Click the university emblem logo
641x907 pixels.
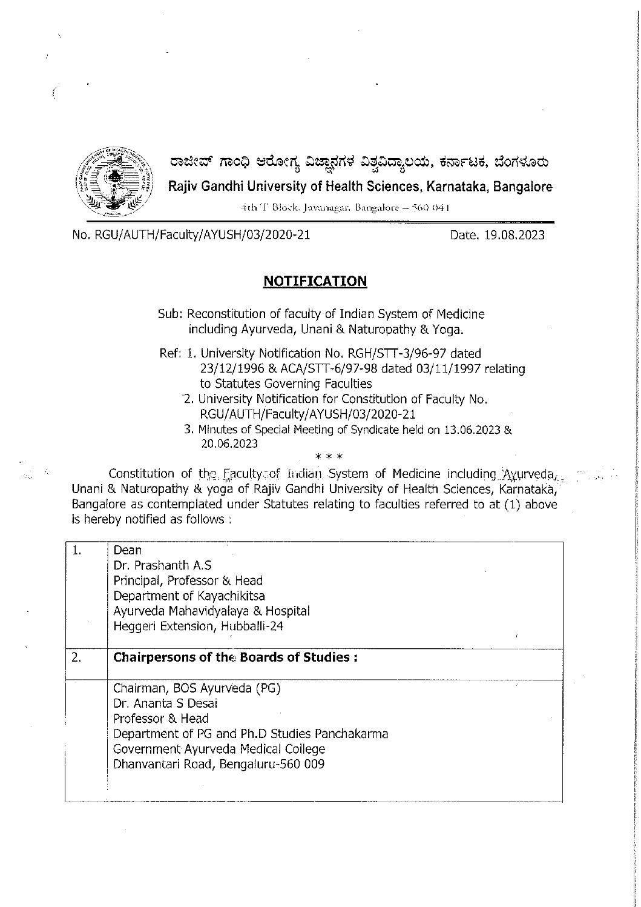pyautogui.click(x=116, y=181)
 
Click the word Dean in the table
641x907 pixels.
pyautogui.click(x=127, y=550)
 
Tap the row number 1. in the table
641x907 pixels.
pyautogui.click(x=77, y=550)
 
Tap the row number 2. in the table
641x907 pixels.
pyautogui.click(x=77, y=657)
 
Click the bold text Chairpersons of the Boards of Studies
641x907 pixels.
pyautogui.click(x=235, y=657)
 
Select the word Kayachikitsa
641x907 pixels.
pyautogui.click(x=231, y=596)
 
